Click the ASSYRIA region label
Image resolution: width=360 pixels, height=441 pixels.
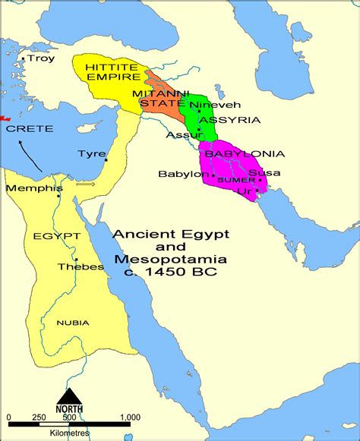tap(229, 119)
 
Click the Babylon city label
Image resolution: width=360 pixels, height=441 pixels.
tap(182, 174)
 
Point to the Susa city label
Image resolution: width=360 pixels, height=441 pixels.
tap(265, 173)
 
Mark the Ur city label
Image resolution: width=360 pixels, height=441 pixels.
tap(245, 191)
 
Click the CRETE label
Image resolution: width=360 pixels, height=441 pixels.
tap(30, 129)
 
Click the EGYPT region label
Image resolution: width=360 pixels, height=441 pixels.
tap(56, 236)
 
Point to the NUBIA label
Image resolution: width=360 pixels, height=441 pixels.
tap(73, 323)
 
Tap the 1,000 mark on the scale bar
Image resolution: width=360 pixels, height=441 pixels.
tap(130, 417)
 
